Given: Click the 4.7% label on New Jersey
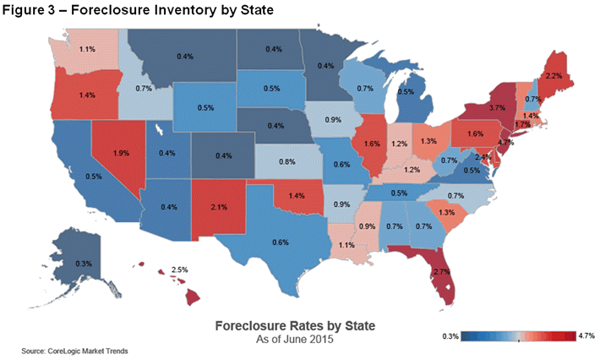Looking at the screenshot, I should (505, 144).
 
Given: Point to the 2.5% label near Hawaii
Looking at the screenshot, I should (177, 270).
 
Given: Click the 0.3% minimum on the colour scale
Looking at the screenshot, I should (450, 337).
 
